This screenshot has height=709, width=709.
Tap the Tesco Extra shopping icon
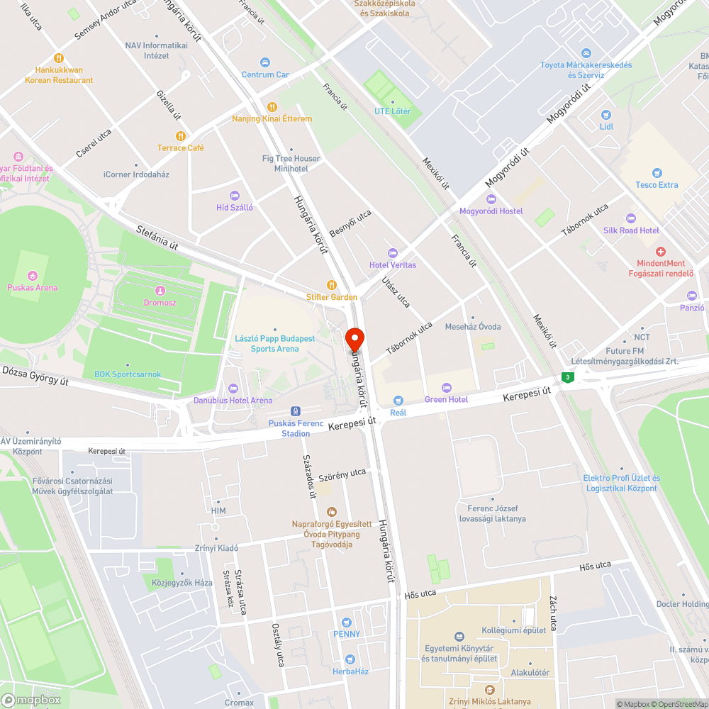tap(657, 172)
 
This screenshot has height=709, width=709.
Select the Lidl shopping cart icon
tap(605, 114)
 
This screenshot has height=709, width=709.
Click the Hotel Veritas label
tap(393, 265)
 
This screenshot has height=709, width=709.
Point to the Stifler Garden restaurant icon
tap(331, 285)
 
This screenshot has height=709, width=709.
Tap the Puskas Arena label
tap(33, 288)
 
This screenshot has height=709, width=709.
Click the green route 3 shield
tap(567, 377)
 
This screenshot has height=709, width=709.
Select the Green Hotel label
tap(446, 400)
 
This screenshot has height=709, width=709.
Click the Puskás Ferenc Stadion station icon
tap(296, 411)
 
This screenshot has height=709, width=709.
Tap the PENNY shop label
tap(347, 634)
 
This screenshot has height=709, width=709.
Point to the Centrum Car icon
tap(265, 62)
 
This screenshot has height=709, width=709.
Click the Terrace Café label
tap(181, 148)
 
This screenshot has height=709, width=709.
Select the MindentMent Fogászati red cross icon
tap(661, 252)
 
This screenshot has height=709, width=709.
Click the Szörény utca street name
tap(342, 473)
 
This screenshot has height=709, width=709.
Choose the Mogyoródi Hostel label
tap(491, 211)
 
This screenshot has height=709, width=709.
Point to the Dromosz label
tap(160, 302)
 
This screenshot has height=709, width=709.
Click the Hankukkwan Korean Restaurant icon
tap(59, 58)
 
